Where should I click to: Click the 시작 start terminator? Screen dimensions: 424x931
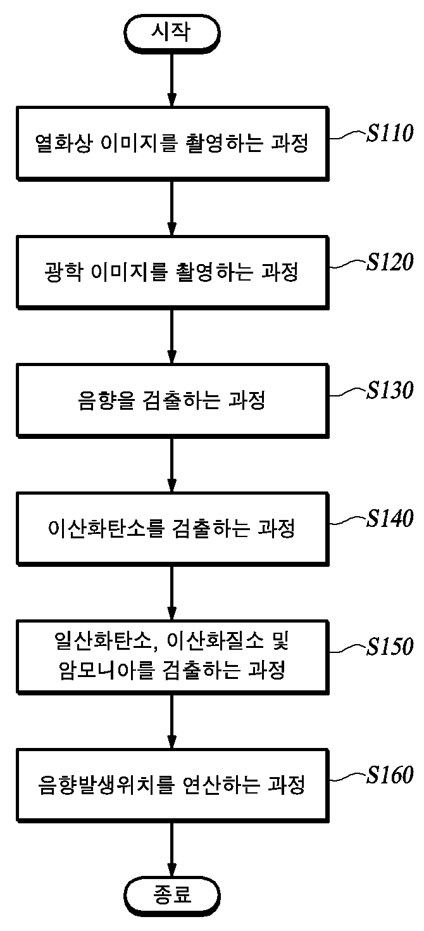tap(172, 34)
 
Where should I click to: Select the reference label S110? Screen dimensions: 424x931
tap(390, 133)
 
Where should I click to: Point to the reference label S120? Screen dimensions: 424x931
tap(390, 262)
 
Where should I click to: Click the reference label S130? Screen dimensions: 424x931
tap(390, 390)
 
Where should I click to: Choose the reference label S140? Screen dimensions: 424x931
tap(390, 518)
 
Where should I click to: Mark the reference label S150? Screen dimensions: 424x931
tap(390, 646)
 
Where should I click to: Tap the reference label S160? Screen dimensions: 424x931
tap(390, 775)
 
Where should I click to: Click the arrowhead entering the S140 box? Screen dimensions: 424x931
tap(172, 484)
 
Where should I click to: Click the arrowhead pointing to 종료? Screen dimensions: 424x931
tap(172, 869)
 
